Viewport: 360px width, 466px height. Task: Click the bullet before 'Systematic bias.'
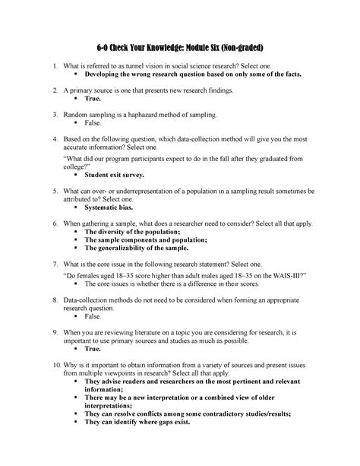[x=77, y=207]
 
